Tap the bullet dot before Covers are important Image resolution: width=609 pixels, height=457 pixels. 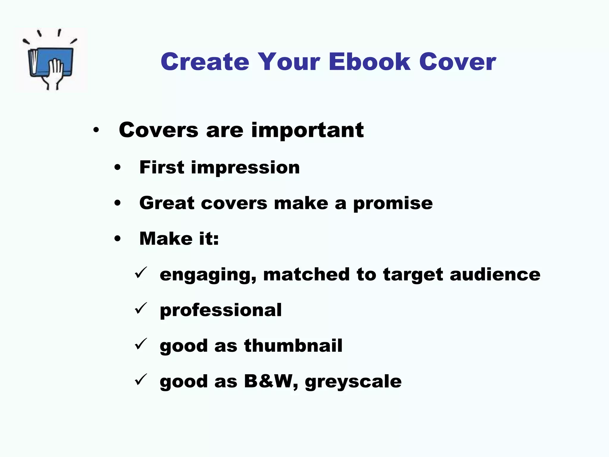tap(96, 130)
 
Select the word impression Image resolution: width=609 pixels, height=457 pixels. tap(245, 168)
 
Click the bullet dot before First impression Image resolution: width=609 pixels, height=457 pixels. tap(118, 168)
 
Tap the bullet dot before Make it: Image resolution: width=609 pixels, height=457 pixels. tap(118, 239)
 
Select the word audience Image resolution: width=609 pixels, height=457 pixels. tap(495, 274)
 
